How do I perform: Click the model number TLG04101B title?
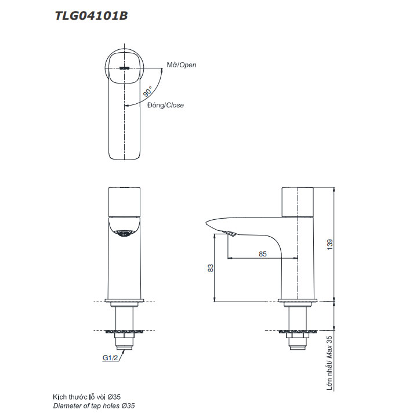91,16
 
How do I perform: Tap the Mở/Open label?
182,65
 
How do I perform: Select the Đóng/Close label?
165,106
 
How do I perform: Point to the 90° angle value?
148,92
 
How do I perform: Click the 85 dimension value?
263,254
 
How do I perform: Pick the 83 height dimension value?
211,268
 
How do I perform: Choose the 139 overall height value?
330,245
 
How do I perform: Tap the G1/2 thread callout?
110,358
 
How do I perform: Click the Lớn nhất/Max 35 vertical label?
329,363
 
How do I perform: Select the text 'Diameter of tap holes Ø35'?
94,405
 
